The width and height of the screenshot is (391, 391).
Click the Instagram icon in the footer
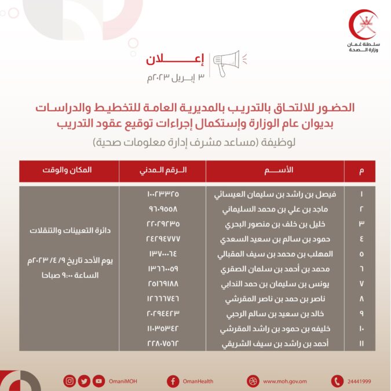tap(70, 381)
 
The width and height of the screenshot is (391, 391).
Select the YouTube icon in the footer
tap(99, 381)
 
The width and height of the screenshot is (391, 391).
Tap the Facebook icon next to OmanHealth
tap(172, 381)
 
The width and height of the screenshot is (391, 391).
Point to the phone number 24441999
tap(359, 381)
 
